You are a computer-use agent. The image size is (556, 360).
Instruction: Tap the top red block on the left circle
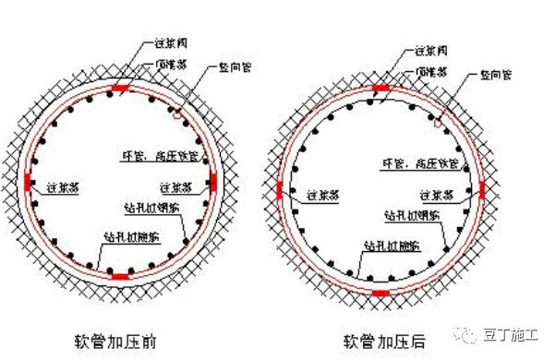point(120,90)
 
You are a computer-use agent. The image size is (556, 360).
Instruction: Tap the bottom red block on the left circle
point(120,274)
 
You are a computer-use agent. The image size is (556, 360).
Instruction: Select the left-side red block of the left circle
point(29,181)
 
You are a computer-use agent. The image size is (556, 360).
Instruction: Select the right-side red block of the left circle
point(213,181)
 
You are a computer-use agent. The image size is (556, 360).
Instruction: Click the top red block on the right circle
point(381,89)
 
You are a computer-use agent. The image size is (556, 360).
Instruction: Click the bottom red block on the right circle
point(381,293)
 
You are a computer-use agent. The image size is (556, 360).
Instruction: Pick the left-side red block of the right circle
point(279,190)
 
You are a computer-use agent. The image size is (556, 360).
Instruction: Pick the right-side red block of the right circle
point(482,190)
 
